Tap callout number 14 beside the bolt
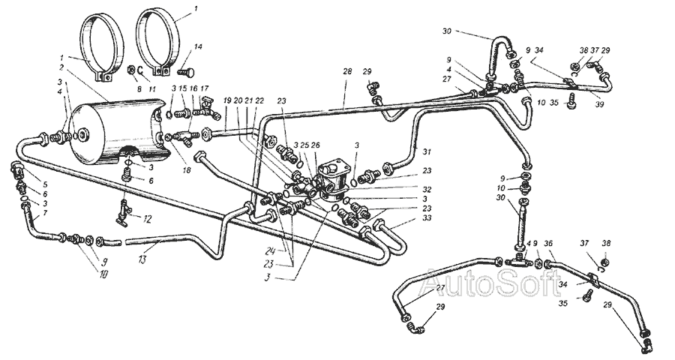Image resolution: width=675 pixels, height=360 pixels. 198,46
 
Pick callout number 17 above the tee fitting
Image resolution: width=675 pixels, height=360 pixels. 204,88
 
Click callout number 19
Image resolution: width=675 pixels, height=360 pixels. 226,100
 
